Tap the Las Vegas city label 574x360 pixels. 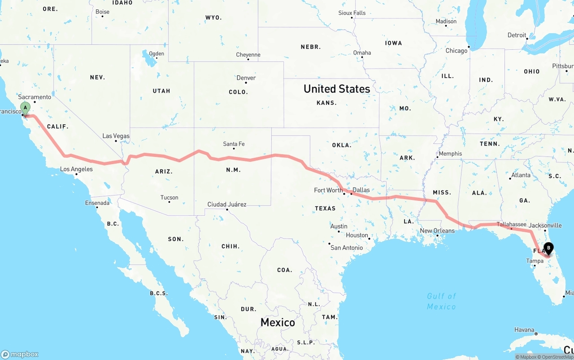[116, 136]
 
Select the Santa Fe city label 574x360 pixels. [234, 144]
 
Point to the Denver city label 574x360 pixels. [246, 78]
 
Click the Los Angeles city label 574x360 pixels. [76, 169]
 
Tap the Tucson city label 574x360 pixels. [169, 197]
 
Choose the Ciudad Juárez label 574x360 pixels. [226, 204]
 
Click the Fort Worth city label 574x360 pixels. [328, 190]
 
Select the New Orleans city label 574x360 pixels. [437, 231]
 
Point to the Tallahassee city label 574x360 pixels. [511, 224]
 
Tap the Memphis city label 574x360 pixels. [450, 153]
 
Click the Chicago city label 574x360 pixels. [457, 51]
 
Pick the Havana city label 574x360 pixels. [524, 330]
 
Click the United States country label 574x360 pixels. [337, 89]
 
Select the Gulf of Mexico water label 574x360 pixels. [441, 301]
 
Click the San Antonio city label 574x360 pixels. [346, 247]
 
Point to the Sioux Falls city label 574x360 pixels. [352, 13]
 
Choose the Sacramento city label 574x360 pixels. [35, 97]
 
